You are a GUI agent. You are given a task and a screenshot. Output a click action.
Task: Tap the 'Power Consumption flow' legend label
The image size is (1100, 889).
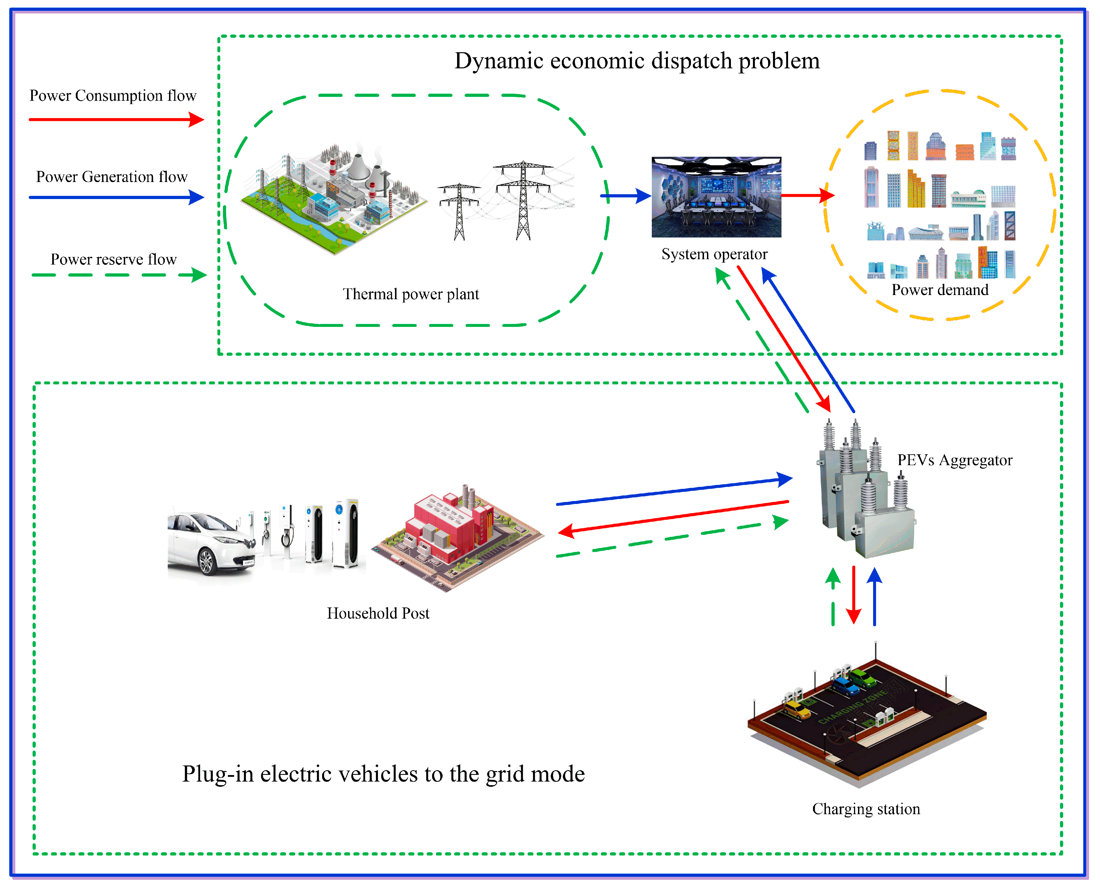(x=113, y=96)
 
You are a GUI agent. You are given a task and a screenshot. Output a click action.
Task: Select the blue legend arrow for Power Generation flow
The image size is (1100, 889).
(x=116, y=197)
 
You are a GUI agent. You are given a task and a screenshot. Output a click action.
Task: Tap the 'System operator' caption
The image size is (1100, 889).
(x=714, y=255)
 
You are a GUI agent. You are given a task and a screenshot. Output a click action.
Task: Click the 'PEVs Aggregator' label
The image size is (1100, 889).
(x=955, y=460)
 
